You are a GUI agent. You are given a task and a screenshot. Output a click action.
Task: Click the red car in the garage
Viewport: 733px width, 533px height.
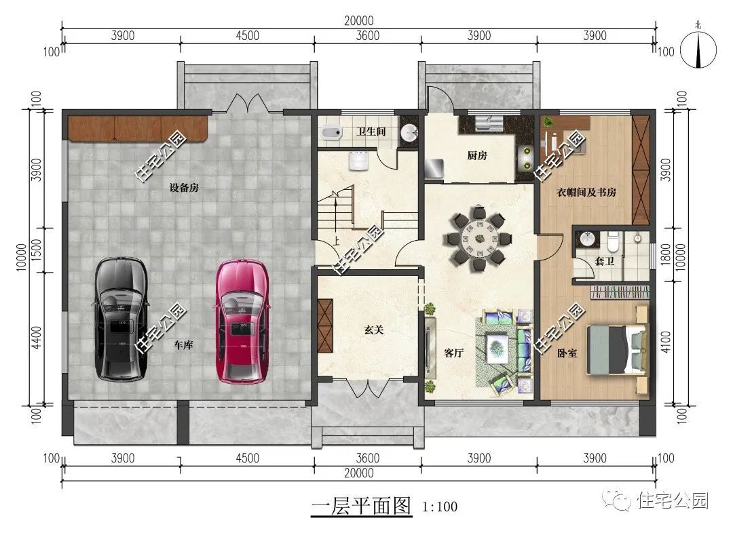(242, 322)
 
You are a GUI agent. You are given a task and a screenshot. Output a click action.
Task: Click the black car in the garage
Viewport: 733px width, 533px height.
(121, 319)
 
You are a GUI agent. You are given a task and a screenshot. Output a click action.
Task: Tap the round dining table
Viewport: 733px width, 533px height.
(478, 238)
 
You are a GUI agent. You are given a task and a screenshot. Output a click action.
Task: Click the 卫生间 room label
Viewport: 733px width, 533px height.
(371, 132)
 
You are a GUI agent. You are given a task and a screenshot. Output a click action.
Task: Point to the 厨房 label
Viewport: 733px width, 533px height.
(477, 155)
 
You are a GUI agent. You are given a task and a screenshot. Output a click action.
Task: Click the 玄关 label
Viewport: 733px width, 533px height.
(374, 330)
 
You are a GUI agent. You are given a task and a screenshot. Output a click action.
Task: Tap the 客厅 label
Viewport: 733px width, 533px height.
(453, 353)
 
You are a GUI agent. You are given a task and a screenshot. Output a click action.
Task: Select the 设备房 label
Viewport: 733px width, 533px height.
(184, 188)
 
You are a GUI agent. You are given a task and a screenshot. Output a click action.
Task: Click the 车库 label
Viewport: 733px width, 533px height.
(183, 344)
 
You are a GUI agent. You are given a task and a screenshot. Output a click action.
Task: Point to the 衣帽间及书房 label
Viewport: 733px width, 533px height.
(586, 192)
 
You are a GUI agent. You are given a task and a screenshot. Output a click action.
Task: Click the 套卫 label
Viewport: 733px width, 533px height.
(604, 261)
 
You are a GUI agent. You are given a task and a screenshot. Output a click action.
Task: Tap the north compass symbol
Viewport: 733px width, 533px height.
(698, 49)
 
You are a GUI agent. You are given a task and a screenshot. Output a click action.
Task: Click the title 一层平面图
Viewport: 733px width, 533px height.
(361, 506)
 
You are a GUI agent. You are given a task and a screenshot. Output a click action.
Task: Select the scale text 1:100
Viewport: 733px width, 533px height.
(439, 507)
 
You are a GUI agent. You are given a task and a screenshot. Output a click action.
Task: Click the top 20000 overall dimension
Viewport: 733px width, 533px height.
(359, 21)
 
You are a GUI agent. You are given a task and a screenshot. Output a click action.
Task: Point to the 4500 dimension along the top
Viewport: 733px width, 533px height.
(247, 36)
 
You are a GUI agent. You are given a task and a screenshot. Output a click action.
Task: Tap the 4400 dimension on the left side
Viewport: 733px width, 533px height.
(37, 337)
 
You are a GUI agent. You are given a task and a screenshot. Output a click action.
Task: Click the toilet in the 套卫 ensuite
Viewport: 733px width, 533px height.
(613, 241)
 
